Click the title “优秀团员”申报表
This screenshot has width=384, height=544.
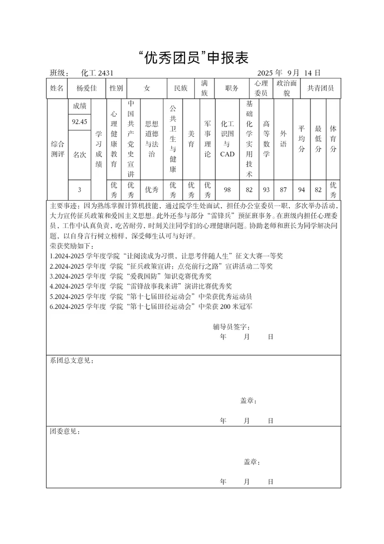coord(192,58)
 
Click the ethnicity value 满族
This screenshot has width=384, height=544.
coord(204,89)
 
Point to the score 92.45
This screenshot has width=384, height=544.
coord(79,122)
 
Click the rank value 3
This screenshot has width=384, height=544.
coord(79,190)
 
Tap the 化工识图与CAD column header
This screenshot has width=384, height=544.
coord(227,139)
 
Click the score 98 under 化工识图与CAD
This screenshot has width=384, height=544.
coord(227,190)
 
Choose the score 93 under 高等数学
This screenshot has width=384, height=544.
coord(266,190)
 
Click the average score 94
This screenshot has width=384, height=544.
coord(301,190)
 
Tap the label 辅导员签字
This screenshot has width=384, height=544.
coord(231,327)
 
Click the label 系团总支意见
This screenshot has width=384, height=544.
coord(72,360)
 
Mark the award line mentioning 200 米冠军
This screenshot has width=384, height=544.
coord(151,306)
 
